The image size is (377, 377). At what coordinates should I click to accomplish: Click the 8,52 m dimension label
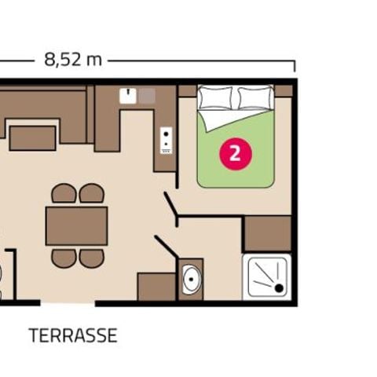(x=71, y=60)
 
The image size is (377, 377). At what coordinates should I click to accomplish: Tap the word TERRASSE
(x=73, y=336)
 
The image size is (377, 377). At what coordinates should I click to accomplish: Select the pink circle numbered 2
(x=233, y=152)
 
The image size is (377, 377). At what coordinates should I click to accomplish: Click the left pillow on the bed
(x=214, y=98)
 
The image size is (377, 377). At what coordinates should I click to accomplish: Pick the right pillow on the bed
(x=254, y=98)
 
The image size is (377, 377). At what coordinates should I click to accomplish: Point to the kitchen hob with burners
(x=167, y=141)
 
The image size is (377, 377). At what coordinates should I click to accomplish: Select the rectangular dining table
(x=76, y=226)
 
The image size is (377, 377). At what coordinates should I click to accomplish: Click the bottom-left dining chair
(x=64, y=258)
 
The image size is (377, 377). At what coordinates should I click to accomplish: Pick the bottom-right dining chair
(x=91, y=258)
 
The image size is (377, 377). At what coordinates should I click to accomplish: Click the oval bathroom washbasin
(x=191, y=280)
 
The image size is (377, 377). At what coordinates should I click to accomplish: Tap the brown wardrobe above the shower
(x=267, y=233)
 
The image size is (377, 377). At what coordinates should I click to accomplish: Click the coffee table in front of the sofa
(x=32, y=137)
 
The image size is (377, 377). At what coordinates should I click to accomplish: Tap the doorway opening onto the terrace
(x=68, y=303)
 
